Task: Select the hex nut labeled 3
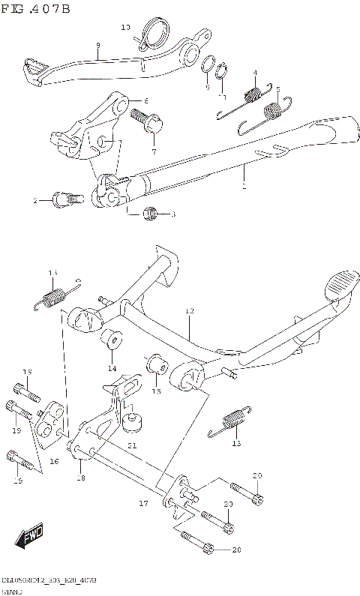(x=150, y=214)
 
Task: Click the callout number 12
(x=190, y=310)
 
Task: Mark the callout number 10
(x=125, y=28)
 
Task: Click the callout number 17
(x=143, y=504)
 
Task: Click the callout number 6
(x=146, y=100)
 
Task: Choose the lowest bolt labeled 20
(x=196, y=544)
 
